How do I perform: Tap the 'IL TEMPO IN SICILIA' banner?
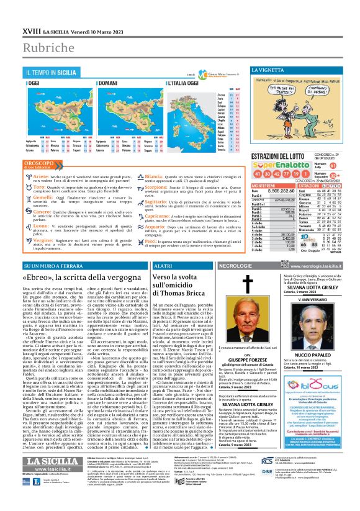click(x=60, y=73)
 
